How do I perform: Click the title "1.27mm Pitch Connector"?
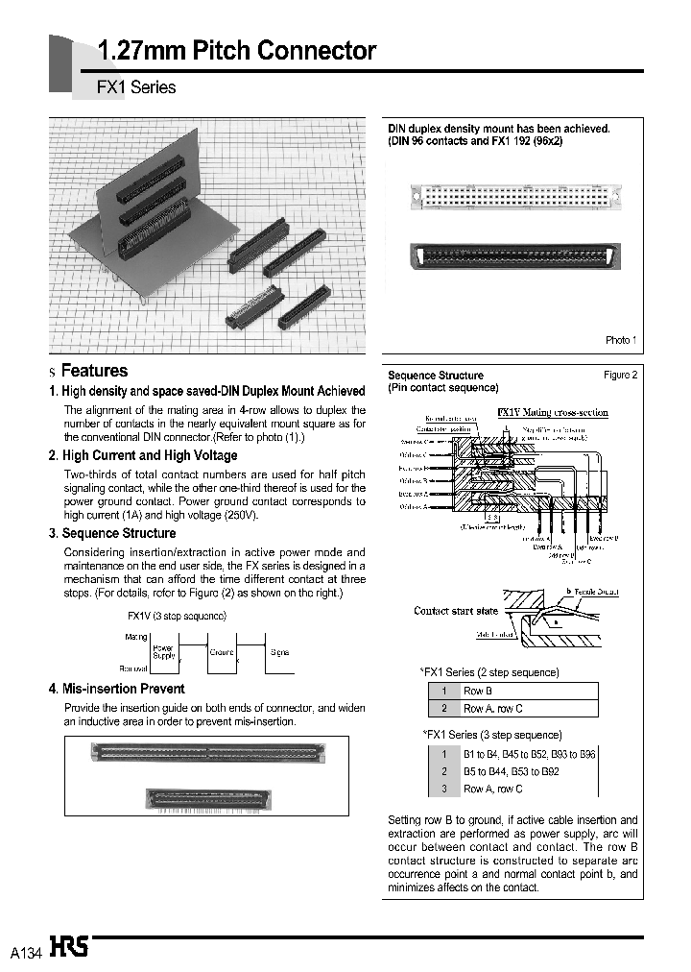[237, 51]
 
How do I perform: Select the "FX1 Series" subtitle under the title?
[137, 87]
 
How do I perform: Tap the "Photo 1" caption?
[620, 340]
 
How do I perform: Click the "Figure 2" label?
[620, 376]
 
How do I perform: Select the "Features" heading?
[94, 371]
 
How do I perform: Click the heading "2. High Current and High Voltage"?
[143, 456]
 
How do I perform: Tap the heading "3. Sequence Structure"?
[112, 533]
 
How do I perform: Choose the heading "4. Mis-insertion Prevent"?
[116, 689]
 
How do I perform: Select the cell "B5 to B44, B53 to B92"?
[512, 771]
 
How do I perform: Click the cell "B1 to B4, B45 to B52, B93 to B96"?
[529, 754]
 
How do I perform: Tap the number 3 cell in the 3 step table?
[444, 789]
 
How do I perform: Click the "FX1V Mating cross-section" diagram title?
[553, 413]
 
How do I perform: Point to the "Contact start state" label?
[456, 611]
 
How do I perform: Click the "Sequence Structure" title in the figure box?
[436, 376]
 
